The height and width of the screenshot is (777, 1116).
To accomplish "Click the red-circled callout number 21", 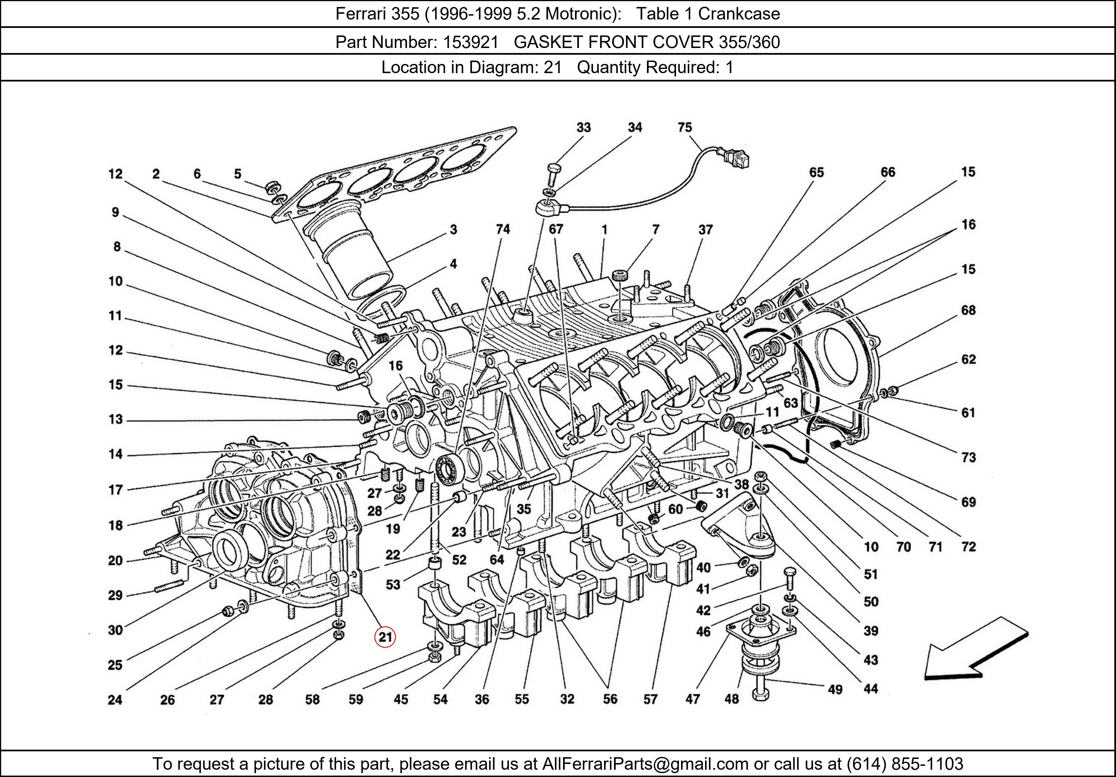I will click(385, 637).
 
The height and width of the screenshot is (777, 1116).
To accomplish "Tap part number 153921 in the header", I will click(470, 42).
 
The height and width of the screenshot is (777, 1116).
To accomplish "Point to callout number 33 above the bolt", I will click(583, 127).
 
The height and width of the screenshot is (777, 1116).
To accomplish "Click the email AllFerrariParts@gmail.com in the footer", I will click(645, 764).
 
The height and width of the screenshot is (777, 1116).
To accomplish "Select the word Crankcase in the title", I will click(739, 14).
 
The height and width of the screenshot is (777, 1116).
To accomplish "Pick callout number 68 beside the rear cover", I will click(968, 310).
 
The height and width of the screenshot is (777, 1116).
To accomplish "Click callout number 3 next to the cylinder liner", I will click(453, 229).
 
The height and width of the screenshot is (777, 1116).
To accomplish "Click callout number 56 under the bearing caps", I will click(610, 699).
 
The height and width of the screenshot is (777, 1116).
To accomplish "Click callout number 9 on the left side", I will click(115, 212).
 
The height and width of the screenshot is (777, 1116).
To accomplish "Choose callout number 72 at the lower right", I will click(968, 547).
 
